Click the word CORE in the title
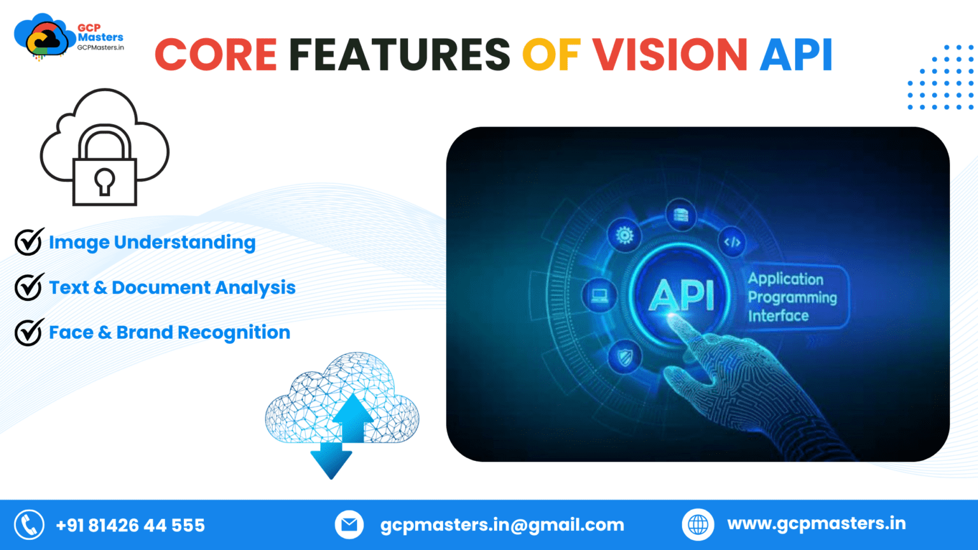[x=216, y=55]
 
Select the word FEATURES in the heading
[x=399, y=55]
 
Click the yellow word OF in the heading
[x=551, y=55]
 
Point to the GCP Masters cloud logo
[x=44, y=38]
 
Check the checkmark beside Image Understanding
[x=29, y=242]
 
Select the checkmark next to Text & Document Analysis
[x=29, y=287]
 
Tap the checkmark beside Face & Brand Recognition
[x=29, y=332]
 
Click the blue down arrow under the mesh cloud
[x=331, y=461]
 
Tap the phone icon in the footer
[x=29, y=525]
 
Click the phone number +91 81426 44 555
[x=131, y=525]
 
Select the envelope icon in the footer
[x=349, y=525]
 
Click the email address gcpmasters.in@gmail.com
[x=502, y=525]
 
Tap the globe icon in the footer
[x=698, y=525]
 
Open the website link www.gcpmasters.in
[x=816, y=524]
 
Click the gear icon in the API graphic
[x=625, y=236]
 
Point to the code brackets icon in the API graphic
[x=732, y=243]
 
